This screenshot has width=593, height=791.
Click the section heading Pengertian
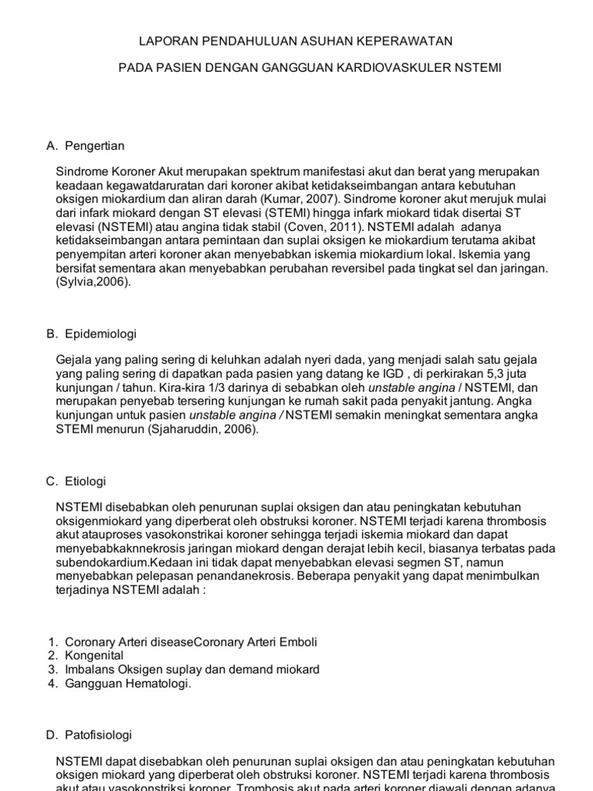tap(95, 145)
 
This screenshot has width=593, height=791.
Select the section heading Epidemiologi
tap(101, 334)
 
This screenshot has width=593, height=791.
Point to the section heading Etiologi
tap(86, 480)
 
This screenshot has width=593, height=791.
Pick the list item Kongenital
tap(95, 656)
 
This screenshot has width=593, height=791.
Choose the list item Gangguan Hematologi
tap(127, 684)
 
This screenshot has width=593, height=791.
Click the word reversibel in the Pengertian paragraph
tap(406, 268)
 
